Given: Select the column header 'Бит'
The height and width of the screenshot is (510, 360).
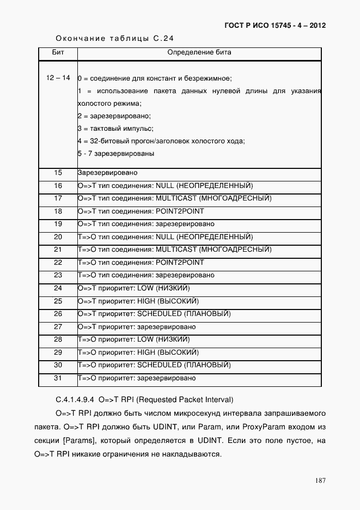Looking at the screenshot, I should coord(58,53).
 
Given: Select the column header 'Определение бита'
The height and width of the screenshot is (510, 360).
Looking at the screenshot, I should coord(199,53).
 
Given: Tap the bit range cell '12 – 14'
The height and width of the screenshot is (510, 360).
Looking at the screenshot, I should coord(58,78).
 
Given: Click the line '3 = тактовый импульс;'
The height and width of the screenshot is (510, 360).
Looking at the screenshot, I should coord(115,129).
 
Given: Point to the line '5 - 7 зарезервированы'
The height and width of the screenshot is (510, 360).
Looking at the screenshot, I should coord(115,154).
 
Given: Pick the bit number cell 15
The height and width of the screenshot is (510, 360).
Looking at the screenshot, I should coord(58,173).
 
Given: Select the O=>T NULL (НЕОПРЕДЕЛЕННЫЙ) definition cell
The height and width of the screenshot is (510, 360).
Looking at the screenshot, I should coord(166,186).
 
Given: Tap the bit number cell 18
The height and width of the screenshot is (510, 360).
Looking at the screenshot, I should coord(58,211).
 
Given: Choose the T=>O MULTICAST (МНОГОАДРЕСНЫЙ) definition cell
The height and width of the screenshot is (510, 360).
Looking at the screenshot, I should coord(174,250).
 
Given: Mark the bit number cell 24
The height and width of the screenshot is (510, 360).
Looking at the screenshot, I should coord(58,288).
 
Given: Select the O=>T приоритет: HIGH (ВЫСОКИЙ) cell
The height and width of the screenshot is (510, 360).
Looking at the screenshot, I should coord(138,301).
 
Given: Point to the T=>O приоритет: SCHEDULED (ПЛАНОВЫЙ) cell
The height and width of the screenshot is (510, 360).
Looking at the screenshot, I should coord(155,365).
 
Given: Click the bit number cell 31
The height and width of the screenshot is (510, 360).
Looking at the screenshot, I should coord(58,378).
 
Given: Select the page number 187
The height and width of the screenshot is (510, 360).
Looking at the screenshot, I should coord(320,480).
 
